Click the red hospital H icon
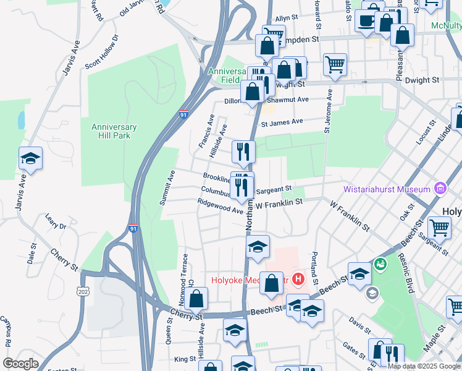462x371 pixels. [299, 280]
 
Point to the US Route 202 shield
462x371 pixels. [82, 291]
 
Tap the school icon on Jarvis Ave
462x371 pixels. [30, 160]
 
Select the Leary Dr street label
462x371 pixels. [56, 221]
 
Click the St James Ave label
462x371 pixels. [282, 122]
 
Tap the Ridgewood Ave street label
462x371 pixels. [220, 206]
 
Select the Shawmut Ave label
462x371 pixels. [287, 100]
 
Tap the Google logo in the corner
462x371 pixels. [20, 364]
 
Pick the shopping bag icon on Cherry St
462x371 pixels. [196, 299]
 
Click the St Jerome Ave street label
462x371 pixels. [328, 111]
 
